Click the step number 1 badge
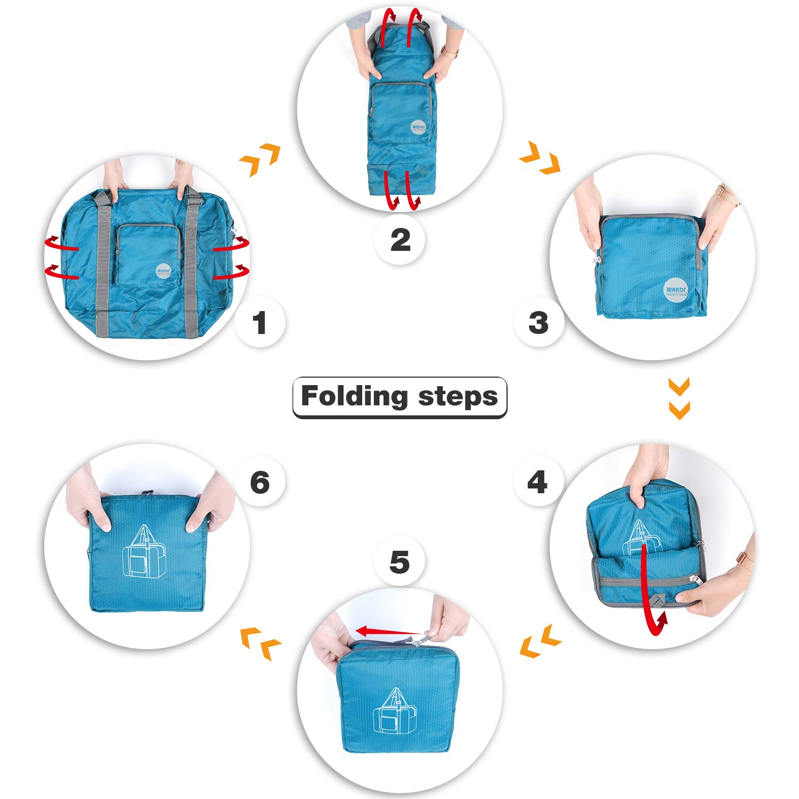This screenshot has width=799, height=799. pyautogui.click(x=260, y=323)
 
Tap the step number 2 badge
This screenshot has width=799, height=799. pyautogui.click(x=400, y=240)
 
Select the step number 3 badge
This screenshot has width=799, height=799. pyautogui.click(x=539, y=323)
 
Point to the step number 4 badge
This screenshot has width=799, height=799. pyautogui.click(x=537, y=482)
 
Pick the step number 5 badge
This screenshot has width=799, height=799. pyautogui.click(x=399, y=562)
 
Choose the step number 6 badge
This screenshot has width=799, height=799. pyautogui.click(x=260, y=482)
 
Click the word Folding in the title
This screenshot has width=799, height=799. pyautogui.click(x=354, y=397)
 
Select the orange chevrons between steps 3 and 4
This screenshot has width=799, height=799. pyautogui.click(x=679, y=398)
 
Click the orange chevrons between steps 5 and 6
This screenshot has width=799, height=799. pyautogui.click(x=260, y=643)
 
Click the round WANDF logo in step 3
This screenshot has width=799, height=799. pyautogui.click(x=675, y=290)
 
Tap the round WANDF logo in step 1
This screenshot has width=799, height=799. pyautogui.click(x=165, y=271)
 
